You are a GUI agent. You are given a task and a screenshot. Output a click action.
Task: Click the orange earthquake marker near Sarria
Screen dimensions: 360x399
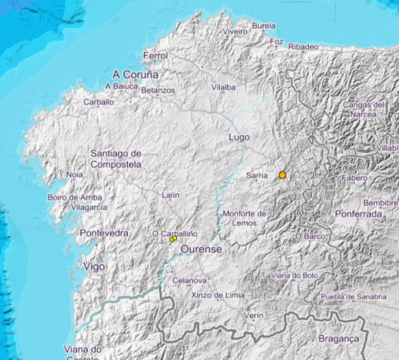pyautogui.click(x=282, y=175)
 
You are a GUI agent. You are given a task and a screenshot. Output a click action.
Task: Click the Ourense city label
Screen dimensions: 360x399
pyautogui.click(x=201, y=249)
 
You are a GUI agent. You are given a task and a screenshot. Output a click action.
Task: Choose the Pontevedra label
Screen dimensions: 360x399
pyautogui.click(x=104, y=233)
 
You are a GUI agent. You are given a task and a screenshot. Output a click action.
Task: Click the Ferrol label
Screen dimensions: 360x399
pyautogui.click(x=155, y=56)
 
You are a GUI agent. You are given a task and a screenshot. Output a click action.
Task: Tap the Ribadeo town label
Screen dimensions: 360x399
pyautogui.click(x=304, y=46)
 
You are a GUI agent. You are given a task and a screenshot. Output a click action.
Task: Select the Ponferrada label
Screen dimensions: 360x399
pyautogui.click(x=359, y=214)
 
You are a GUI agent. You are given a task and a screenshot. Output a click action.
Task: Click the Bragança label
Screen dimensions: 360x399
pyautogui.click(x=339, y=339)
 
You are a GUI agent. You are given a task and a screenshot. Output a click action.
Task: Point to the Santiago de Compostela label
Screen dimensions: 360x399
pyautogui.click(x=116, y=159)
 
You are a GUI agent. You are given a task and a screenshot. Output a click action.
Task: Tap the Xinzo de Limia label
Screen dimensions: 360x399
pyautogui.click(x=217, y=295)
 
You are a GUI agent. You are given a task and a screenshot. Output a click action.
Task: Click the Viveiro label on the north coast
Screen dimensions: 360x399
pyautogui.click(x=235, y=31)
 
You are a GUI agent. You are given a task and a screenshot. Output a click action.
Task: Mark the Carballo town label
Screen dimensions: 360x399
pyautogui.click(x=98, y=102)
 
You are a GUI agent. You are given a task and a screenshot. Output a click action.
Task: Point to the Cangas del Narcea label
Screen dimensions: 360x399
pyautogui.click(x=364, y=109)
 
